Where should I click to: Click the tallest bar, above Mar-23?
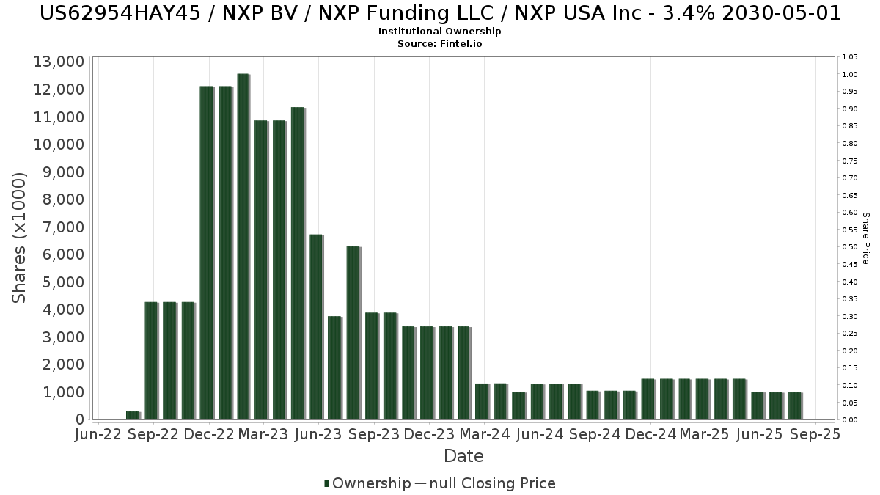tap(243, 246)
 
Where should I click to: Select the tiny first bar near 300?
tap(133, 415)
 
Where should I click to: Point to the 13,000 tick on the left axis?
tap(59, 62)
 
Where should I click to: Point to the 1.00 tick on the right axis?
tap(850, 75)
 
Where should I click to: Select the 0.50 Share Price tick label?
tap(850, 247)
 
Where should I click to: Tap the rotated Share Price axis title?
tap(865, 238)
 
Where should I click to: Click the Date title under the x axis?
tap(463, 456)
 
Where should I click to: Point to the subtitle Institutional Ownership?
tap(440, 32)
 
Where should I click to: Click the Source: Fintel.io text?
tap(440, 43)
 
